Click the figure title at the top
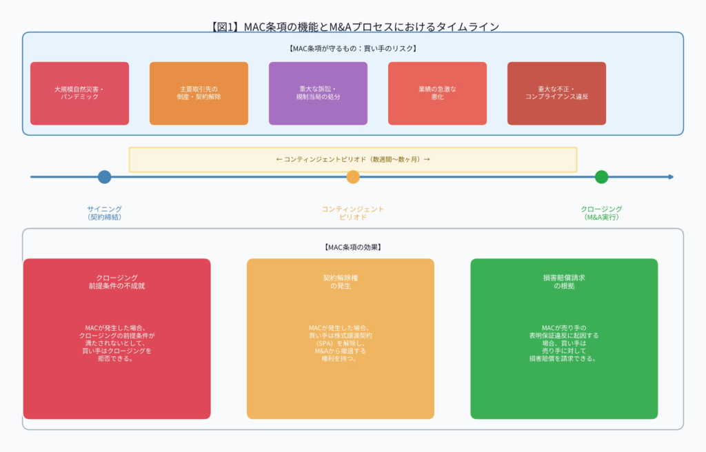click(x=353, y=26)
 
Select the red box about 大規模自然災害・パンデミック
click(x=79, y=93)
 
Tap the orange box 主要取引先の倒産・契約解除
click(x=199, y=93)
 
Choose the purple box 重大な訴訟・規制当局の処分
click(x=318, y=93)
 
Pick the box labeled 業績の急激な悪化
click(x=437, y=93)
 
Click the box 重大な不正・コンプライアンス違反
click(x=556, y=93)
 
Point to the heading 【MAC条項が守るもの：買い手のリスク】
click(x=353, y=48)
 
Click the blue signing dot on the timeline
click(x=104, y=177)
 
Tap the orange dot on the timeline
click(x=353, y=177)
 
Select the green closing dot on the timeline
click(x=601, y=177)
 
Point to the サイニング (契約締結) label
click(x=104, y=213)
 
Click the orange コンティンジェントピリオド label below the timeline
click(x=353, y=213)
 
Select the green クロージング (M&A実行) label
click(x=601, y=213)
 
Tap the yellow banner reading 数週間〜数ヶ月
click(x=353, y=159)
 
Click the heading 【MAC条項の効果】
click(x=353, y=247)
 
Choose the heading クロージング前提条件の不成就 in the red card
click(x=117, y=281)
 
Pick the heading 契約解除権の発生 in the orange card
click(x=341, y=281)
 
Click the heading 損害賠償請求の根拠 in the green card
click(x=564, y=281)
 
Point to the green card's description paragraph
click(x=564, y=343)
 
